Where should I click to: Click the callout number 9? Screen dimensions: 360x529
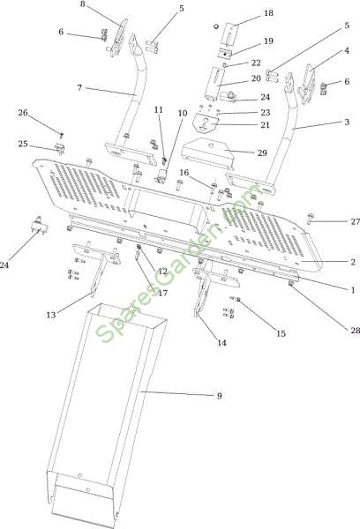tap(219, 395)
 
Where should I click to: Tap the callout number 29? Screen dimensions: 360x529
tap(262, 153)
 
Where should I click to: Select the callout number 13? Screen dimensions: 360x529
tap(50, 315)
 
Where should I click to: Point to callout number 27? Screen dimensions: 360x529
tap(355, 221)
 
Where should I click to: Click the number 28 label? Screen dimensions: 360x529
tap(355, 330)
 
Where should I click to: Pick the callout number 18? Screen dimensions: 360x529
tap(268, 13)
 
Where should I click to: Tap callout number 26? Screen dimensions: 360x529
tap(23, 113)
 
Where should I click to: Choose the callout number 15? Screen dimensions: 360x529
tap(281, 333)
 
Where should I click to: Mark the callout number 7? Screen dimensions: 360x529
tap(79, 87)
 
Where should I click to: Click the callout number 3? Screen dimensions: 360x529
tap(347, 122)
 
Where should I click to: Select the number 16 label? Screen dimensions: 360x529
tap(184, 173)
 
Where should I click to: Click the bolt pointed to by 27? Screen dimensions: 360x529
tap(311, 219)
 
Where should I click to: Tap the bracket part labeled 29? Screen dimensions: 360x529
tap(207, 153)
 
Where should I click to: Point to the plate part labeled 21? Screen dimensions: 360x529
tap(205, 123)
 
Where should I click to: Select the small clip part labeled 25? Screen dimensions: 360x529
tap(60, 148)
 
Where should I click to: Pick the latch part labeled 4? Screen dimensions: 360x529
tap(307, 84)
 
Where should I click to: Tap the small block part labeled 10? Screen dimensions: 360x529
tap(161, 175)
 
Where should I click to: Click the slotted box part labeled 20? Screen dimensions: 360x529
tap(214, 84)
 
